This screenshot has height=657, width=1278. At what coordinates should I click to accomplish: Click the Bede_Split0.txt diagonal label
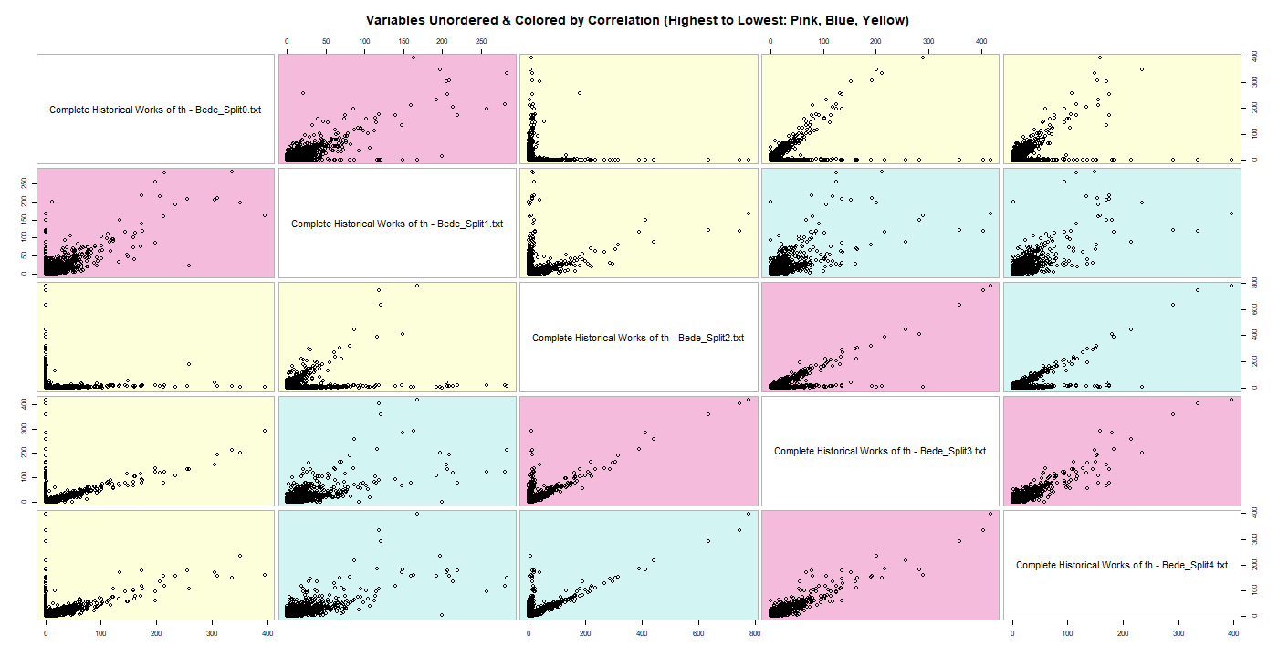click(x=155, y=109)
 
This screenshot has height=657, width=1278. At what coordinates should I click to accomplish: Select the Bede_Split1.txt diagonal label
click(x=397, y=224)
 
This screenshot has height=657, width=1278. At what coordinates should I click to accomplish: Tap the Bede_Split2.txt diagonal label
click(x=638, y=338)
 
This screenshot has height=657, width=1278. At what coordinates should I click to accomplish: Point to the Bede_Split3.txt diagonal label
click(x=880, y=451)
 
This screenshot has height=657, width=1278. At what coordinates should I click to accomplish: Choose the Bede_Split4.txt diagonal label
click(x=1122, y=565)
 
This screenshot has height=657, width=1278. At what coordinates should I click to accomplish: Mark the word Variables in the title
click(x=395, y=20)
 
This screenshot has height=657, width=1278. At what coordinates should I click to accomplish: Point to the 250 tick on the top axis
click(x=481, y=42)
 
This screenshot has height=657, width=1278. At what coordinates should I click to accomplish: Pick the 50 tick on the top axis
click(x=325, y=42)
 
